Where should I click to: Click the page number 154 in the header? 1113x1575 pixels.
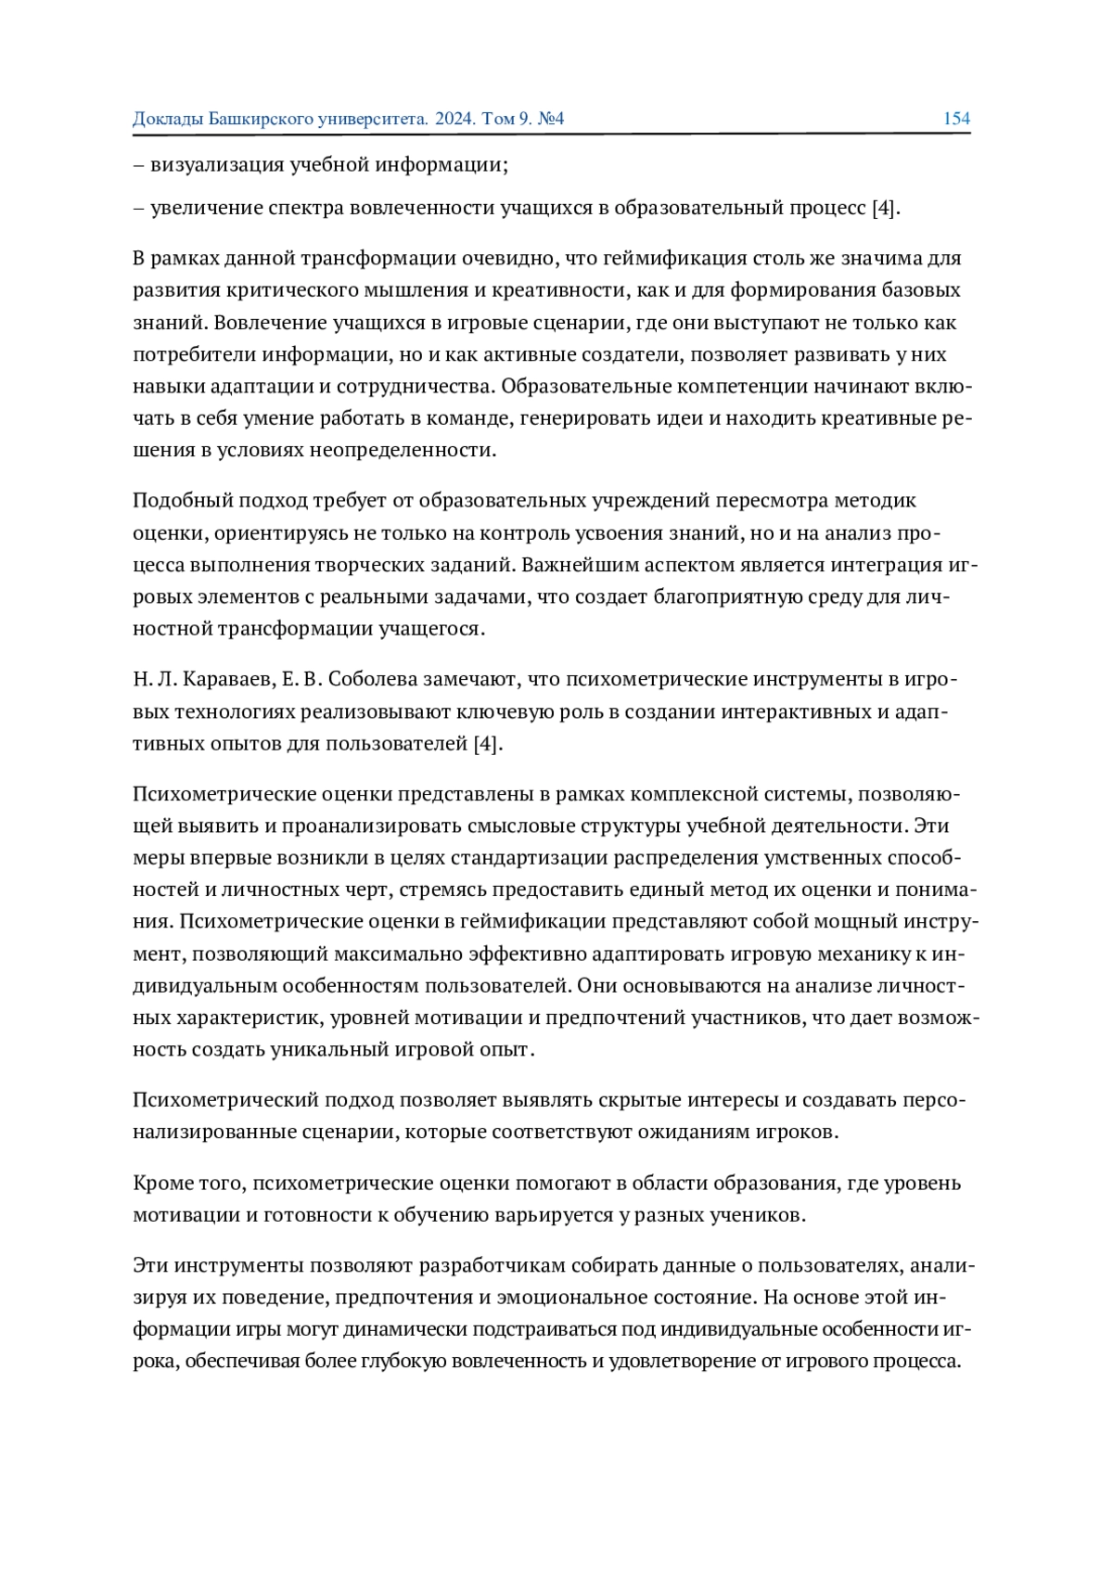(956, 119)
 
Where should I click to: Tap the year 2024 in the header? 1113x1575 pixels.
(454, 119)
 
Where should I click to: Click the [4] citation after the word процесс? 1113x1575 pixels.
(886, 208)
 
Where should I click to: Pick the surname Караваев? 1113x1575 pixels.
(226, 680)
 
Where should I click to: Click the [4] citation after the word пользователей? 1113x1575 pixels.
(488, 744)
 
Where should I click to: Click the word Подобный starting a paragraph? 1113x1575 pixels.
(183, 501)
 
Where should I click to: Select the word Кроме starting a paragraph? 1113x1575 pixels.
(163, 1184)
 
